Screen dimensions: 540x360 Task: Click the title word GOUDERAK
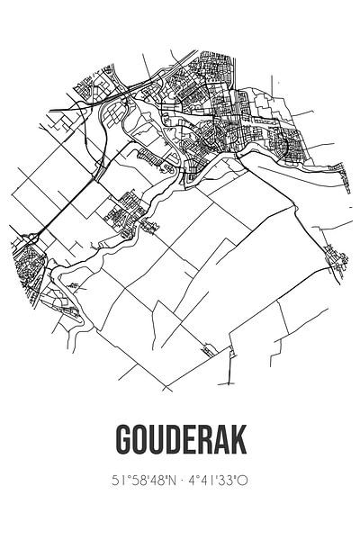coord(180,442)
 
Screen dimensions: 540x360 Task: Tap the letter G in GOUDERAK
coord(124,442)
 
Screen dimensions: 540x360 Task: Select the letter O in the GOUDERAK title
coord(139,442)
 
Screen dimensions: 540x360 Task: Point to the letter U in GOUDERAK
coord(156,442)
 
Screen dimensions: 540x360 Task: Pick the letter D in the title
coord(172,442)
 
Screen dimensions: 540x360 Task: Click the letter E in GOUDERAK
coord(187,442)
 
